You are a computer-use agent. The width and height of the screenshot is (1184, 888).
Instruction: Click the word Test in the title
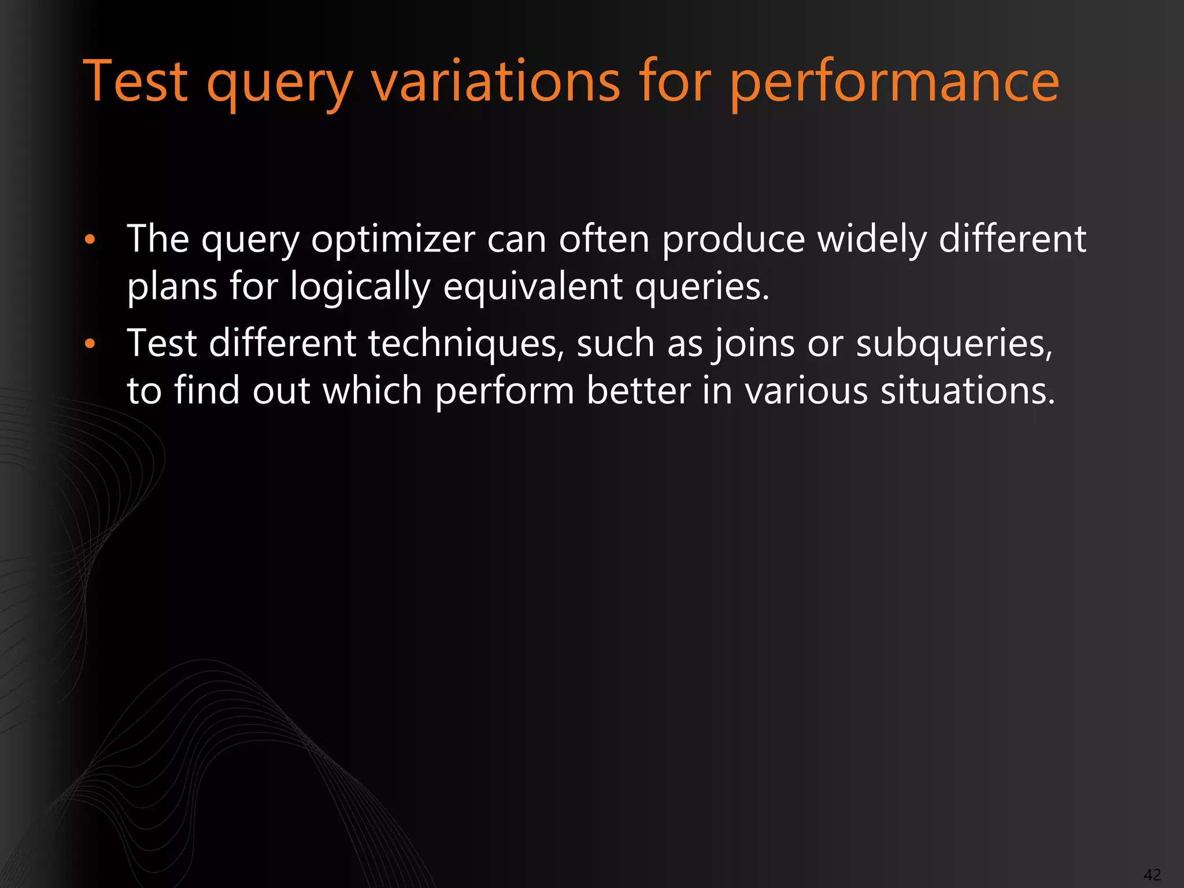coord(136,82)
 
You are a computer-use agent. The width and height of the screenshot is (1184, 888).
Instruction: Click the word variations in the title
coord(495,82)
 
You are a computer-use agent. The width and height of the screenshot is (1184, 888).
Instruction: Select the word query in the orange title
coord(280,86)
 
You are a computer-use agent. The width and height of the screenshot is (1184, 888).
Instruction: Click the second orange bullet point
coord(89,344)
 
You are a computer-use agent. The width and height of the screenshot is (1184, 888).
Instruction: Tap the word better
coord(638,391)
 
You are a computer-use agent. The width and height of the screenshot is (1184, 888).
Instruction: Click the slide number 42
coord(1152,874)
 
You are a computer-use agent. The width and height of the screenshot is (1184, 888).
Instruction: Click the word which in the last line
coord(372,391)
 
